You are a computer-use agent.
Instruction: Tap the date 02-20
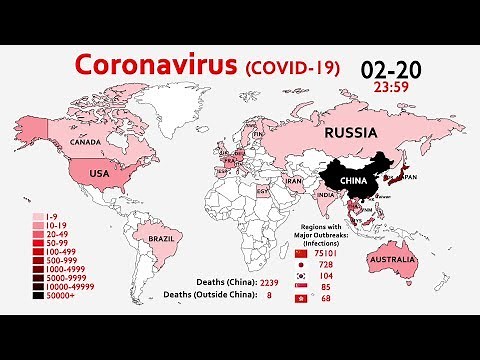392,69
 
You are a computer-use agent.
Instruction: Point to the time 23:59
392,87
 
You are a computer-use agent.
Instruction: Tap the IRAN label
294,181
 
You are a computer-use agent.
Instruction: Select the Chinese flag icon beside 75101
331,253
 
